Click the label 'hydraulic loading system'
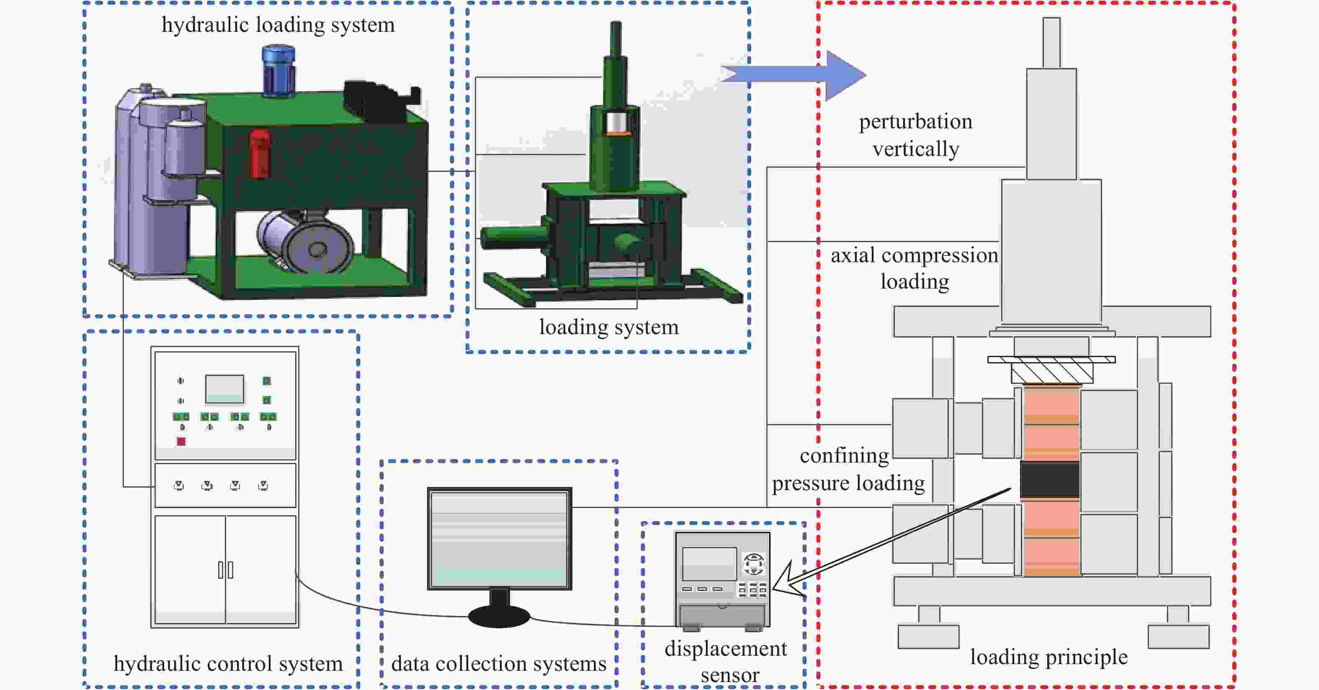click(278, 25)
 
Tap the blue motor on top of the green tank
click(278, 70)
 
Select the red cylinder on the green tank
click(260, 154)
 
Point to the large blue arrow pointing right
click(793, 75)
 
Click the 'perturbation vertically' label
click(915, 135)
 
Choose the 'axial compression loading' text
click(915, 268)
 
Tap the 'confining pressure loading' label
click(848, 469)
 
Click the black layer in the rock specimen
click(1050, 480)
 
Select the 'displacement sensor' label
click(726, 662)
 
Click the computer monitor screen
click(499, 539)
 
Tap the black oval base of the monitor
click(499, 617)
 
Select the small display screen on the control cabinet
click(224, 389)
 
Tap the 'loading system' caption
click(609, 327)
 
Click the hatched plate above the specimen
click(1052, 369)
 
